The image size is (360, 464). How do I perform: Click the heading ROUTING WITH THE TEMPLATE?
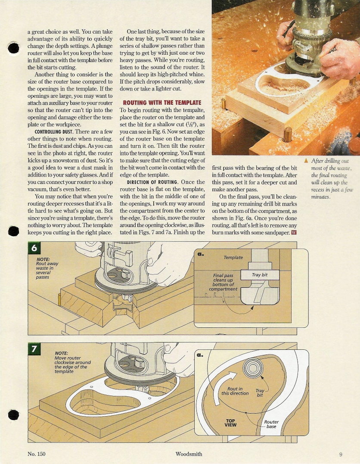[x=162, y=103]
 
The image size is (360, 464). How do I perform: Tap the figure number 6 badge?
[x=34, y=248]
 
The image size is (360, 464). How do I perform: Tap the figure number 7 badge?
[x=34, y=349]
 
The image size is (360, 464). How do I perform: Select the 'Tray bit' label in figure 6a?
[x=259, y=274]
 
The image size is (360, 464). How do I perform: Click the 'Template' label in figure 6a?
[x=233, y=258]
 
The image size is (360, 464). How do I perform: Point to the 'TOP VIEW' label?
[x=230, y=423]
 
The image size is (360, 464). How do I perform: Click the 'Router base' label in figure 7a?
[x=271, y=424]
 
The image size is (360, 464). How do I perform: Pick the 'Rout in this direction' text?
[x=235, y=391]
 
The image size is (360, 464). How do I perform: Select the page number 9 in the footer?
[x=341, y=454]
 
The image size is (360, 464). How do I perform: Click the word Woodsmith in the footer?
[x=189, y=454]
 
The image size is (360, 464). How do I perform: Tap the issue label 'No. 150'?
[x=36, y=454]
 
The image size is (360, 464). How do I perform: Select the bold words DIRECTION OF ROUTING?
[x=152, y=182]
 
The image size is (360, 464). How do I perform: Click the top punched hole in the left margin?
[x=13, y=48]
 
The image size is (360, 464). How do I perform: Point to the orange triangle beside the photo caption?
[x=306, y=161]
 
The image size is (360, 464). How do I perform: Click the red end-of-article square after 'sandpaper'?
[x=294, y=232]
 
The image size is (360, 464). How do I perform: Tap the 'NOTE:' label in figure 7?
[x=61, y=353]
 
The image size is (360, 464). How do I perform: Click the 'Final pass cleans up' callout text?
[x=223, y=277]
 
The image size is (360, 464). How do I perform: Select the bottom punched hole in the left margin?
[x=13, y=415]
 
